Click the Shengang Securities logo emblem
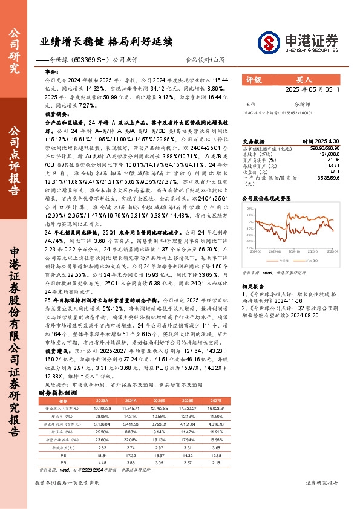(268, 42)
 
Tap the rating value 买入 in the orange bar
(303, 79)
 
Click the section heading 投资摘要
(56, 113)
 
